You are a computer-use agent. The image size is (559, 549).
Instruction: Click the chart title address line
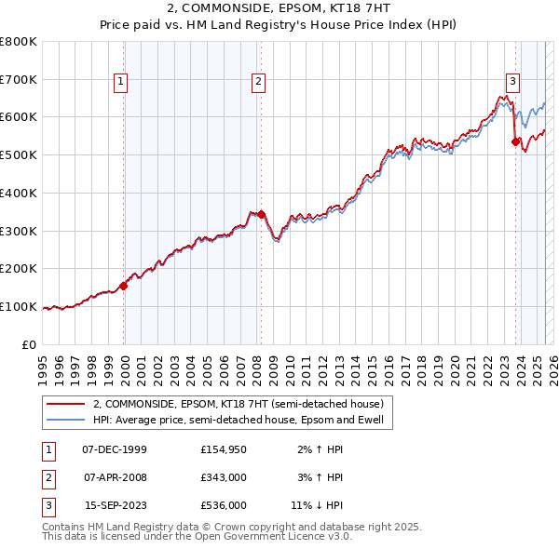coord(279,8)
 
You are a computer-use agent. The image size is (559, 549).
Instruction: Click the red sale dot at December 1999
coord(124,286)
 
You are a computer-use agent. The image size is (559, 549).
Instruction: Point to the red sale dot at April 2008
coord(261,214)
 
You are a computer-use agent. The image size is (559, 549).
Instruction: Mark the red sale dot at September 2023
coord(515,141)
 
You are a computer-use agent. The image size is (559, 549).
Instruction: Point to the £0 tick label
coord(29,344)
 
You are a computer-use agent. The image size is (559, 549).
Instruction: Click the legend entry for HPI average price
coord(243,420)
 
